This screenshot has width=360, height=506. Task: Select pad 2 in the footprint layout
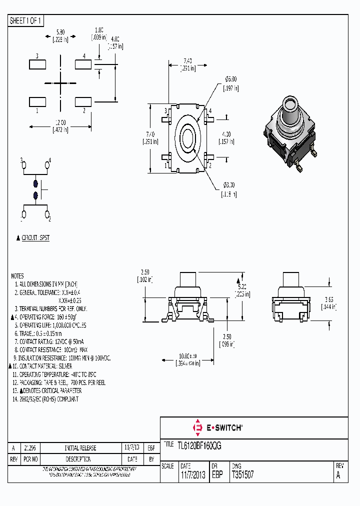coord(83,101)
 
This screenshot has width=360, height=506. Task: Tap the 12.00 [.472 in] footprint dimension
coord(60,125)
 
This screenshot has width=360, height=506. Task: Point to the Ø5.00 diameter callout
coord(230,83)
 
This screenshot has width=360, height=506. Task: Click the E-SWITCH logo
coord(217,427)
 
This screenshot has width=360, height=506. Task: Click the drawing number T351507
coord(242,475)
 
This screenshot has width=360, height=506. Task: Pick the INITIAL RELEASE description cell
coord(80,448)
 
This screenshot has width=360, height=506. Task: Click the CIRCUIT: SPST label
coord(35,238)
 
